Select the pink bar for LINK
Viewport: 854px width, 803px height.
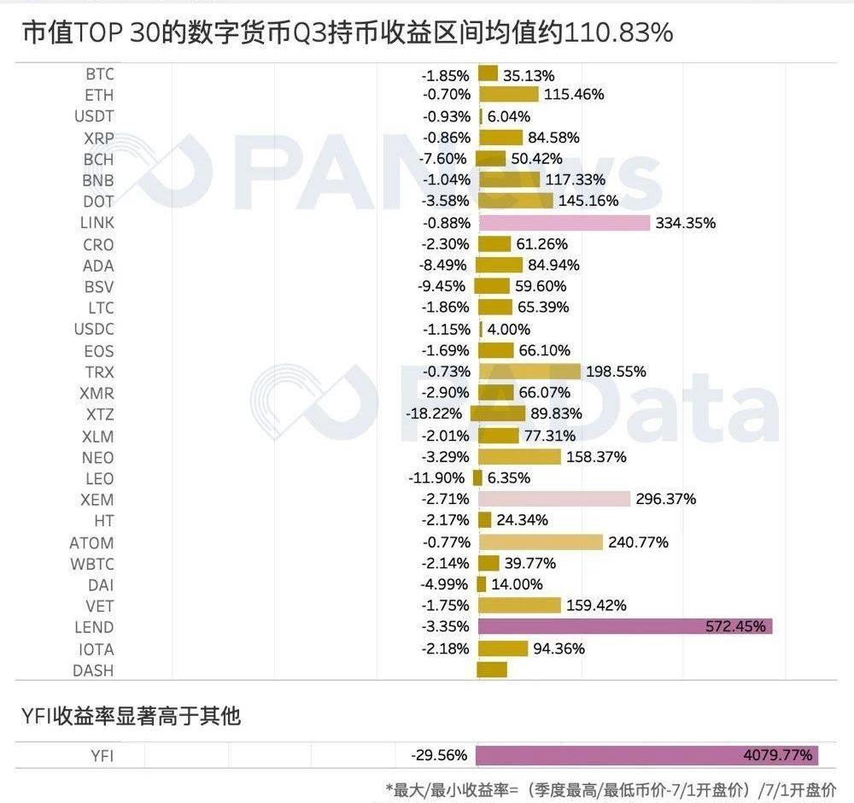click(x=564, y=223)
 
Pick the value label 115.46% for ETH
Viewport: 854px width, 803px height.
click(x=574, y=95)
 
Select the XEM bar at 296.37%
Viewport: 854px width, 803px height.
click(x=554, y=499)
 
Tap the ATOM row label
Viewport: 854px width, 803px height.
click(x=91, y=542)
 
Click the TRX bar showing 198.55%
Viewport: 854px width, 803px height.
click(x=529, y=372)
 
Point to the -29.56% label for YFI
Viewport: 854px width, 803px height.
click(x=439, y=755)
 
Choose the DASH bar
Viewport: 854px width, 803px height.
click(x=492, y=670)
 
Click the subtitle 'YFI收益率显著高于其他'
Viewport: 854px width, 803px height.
click(x=130, y=716)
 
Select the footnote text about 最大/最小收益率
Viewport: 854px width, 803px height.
click(x=611, y=789)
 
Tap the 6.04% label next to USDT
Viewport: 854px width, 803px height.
click(x=509, y=116)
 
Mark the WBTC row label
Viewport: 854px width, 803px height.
click(x=92, y=564)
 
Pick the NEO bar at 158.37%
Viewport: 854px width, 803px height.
click(x=519, y=457)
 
